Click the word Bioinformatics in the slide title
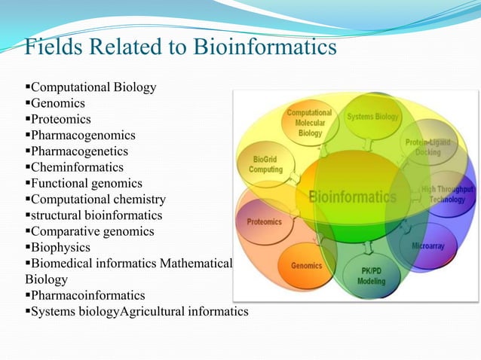click(265, 47)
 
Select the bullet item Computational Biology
click(93, 87)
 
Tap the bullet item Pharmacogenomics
click(83, 136)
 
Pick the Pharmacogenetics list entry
click(81, 151)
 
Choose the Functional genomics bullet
click(86, 183)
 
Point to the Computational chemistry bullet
click(97, 200)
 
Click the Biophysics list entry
click(60, 247)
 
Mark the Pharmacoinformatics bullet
click(87, 295)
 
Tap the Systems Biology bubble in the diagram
click(372, 117)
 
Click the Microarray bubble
click(427, 246)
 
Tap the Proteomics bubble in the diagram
click(265, 222)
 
